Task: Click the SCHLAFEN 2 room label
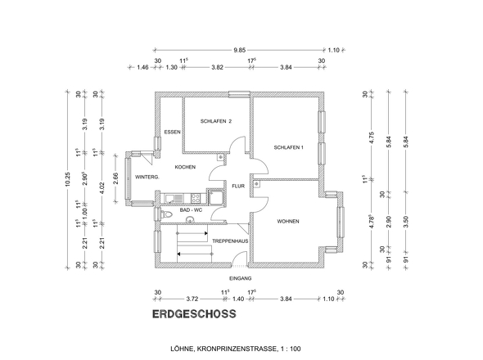(216, 121)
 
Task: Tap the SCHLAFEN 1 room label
(289, 147)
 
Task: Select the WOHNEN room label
(288, 222)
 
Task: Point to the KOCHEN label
(184, 167)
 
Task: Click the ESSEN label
(172, 133)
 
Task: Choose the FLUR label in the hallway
(237, 187)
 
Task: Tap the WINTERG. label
(147, 177)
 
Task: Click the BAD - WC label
(191, 210)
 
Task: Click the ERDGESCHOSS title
(194, 313)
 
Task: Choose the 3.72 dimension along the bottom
(192, 300)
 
